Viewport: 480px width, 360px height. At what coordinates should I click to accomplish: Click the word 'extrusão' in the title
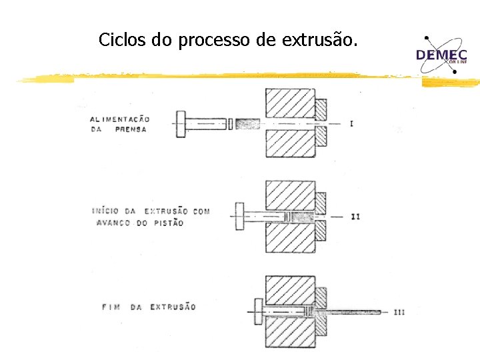[320, 40]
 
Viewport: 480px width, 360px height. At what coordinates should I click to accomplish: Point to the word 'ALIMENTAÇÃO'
[120, 119]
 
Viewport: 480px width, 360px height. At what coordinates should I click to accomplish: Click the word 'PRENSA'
[131, 129]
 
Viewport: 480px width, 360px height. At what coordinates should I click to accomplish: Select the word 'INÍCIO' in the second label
[107, 211]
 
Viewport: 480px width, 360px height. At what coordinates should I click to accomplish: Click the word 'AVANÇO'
[113, 223]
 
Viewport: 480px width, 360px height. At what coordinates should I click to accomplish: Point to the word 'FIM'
[111, 307]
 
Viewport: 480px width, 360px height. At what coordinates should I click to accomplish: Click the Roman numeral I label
[351, 124]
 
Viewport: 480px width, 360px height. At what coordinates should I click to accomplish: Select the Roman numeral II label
[355, 217]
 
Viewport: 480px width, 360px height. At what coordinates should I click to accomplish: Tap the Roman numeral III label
[399, 311]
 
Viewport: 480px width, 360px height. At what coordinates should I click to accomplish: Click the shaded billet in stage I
[247, 124]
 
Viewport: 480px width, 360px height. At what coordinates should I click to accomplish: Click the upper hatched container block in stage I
[290, 103]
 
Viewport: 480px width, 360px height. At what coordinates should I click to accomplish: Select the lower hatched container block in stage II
[290, 237]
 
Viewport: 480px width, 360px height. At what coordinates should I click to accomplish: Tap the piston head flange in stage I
[181, 124]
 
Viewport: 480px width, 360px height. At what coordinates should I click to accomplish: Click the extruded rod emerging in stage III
[350, 311]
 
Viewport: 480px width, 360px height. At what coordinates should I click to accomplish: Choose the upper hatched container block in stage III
[290, 291]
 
